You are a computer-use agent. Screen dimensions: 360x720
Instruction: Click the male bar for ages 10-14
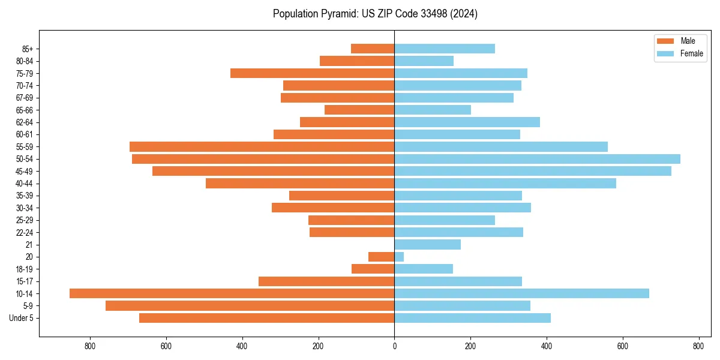232,293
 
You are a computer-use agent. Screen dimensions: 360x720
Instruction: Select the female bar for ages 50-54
537,159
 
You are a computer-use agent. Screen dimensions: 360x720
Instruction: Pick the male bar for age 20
381,257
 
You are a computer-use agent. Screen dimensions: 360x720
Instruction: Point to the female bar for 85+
445,49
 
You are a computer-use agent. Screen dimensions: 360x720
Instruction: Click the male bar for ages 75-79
312,73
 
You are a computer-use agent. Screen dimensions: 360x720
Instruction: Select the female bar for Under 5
472,318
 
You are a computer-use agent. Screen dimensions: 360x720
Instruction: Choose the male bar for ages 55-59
262,146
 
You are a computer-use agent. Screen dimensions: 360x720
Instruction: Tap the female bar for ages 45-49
533,171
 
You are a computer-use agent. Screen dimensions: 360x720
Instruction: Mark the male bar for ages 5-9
250,306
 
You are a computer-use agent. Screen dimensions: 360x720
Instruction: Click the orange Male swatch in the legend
666,41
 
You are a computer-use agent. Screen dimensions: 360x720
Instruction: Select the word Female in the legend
691,53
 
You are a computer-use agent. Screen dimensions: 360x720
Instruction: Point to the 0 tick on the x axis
394,346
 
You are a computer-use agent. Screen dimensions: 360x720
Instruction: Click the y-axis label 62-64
25,122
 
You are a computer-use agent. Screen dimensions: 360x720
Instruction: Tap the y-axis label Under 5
22,318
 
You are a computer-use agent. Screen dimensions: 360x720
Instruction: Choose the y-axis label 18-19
25,269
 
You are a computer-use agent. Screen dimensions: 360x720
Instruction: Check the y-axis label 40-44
25,184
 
